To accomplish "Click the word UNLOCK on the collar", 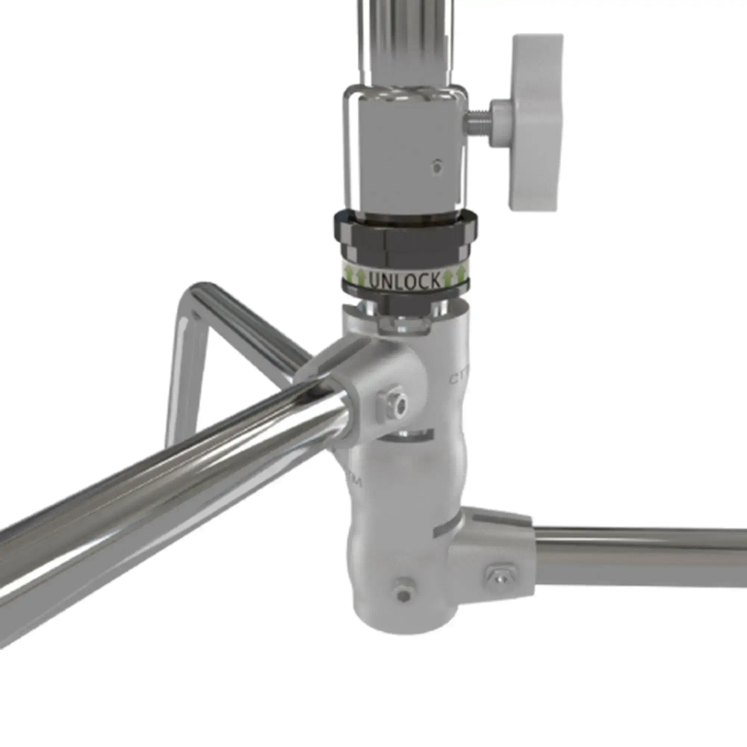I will (404, 281).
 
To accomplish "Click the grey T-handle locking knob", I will (534, 120).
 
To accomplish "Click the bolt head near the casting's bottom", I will (403, 594).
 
